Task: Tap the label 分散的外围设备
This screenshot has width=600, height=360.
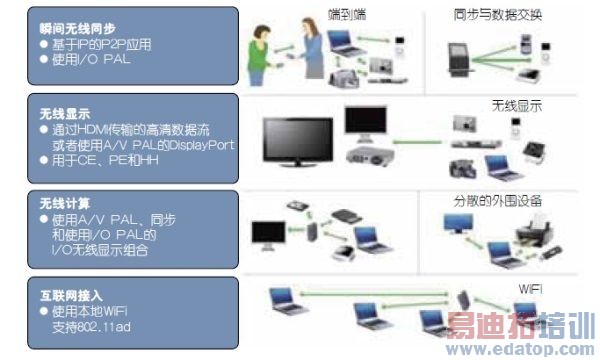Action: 493,199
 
